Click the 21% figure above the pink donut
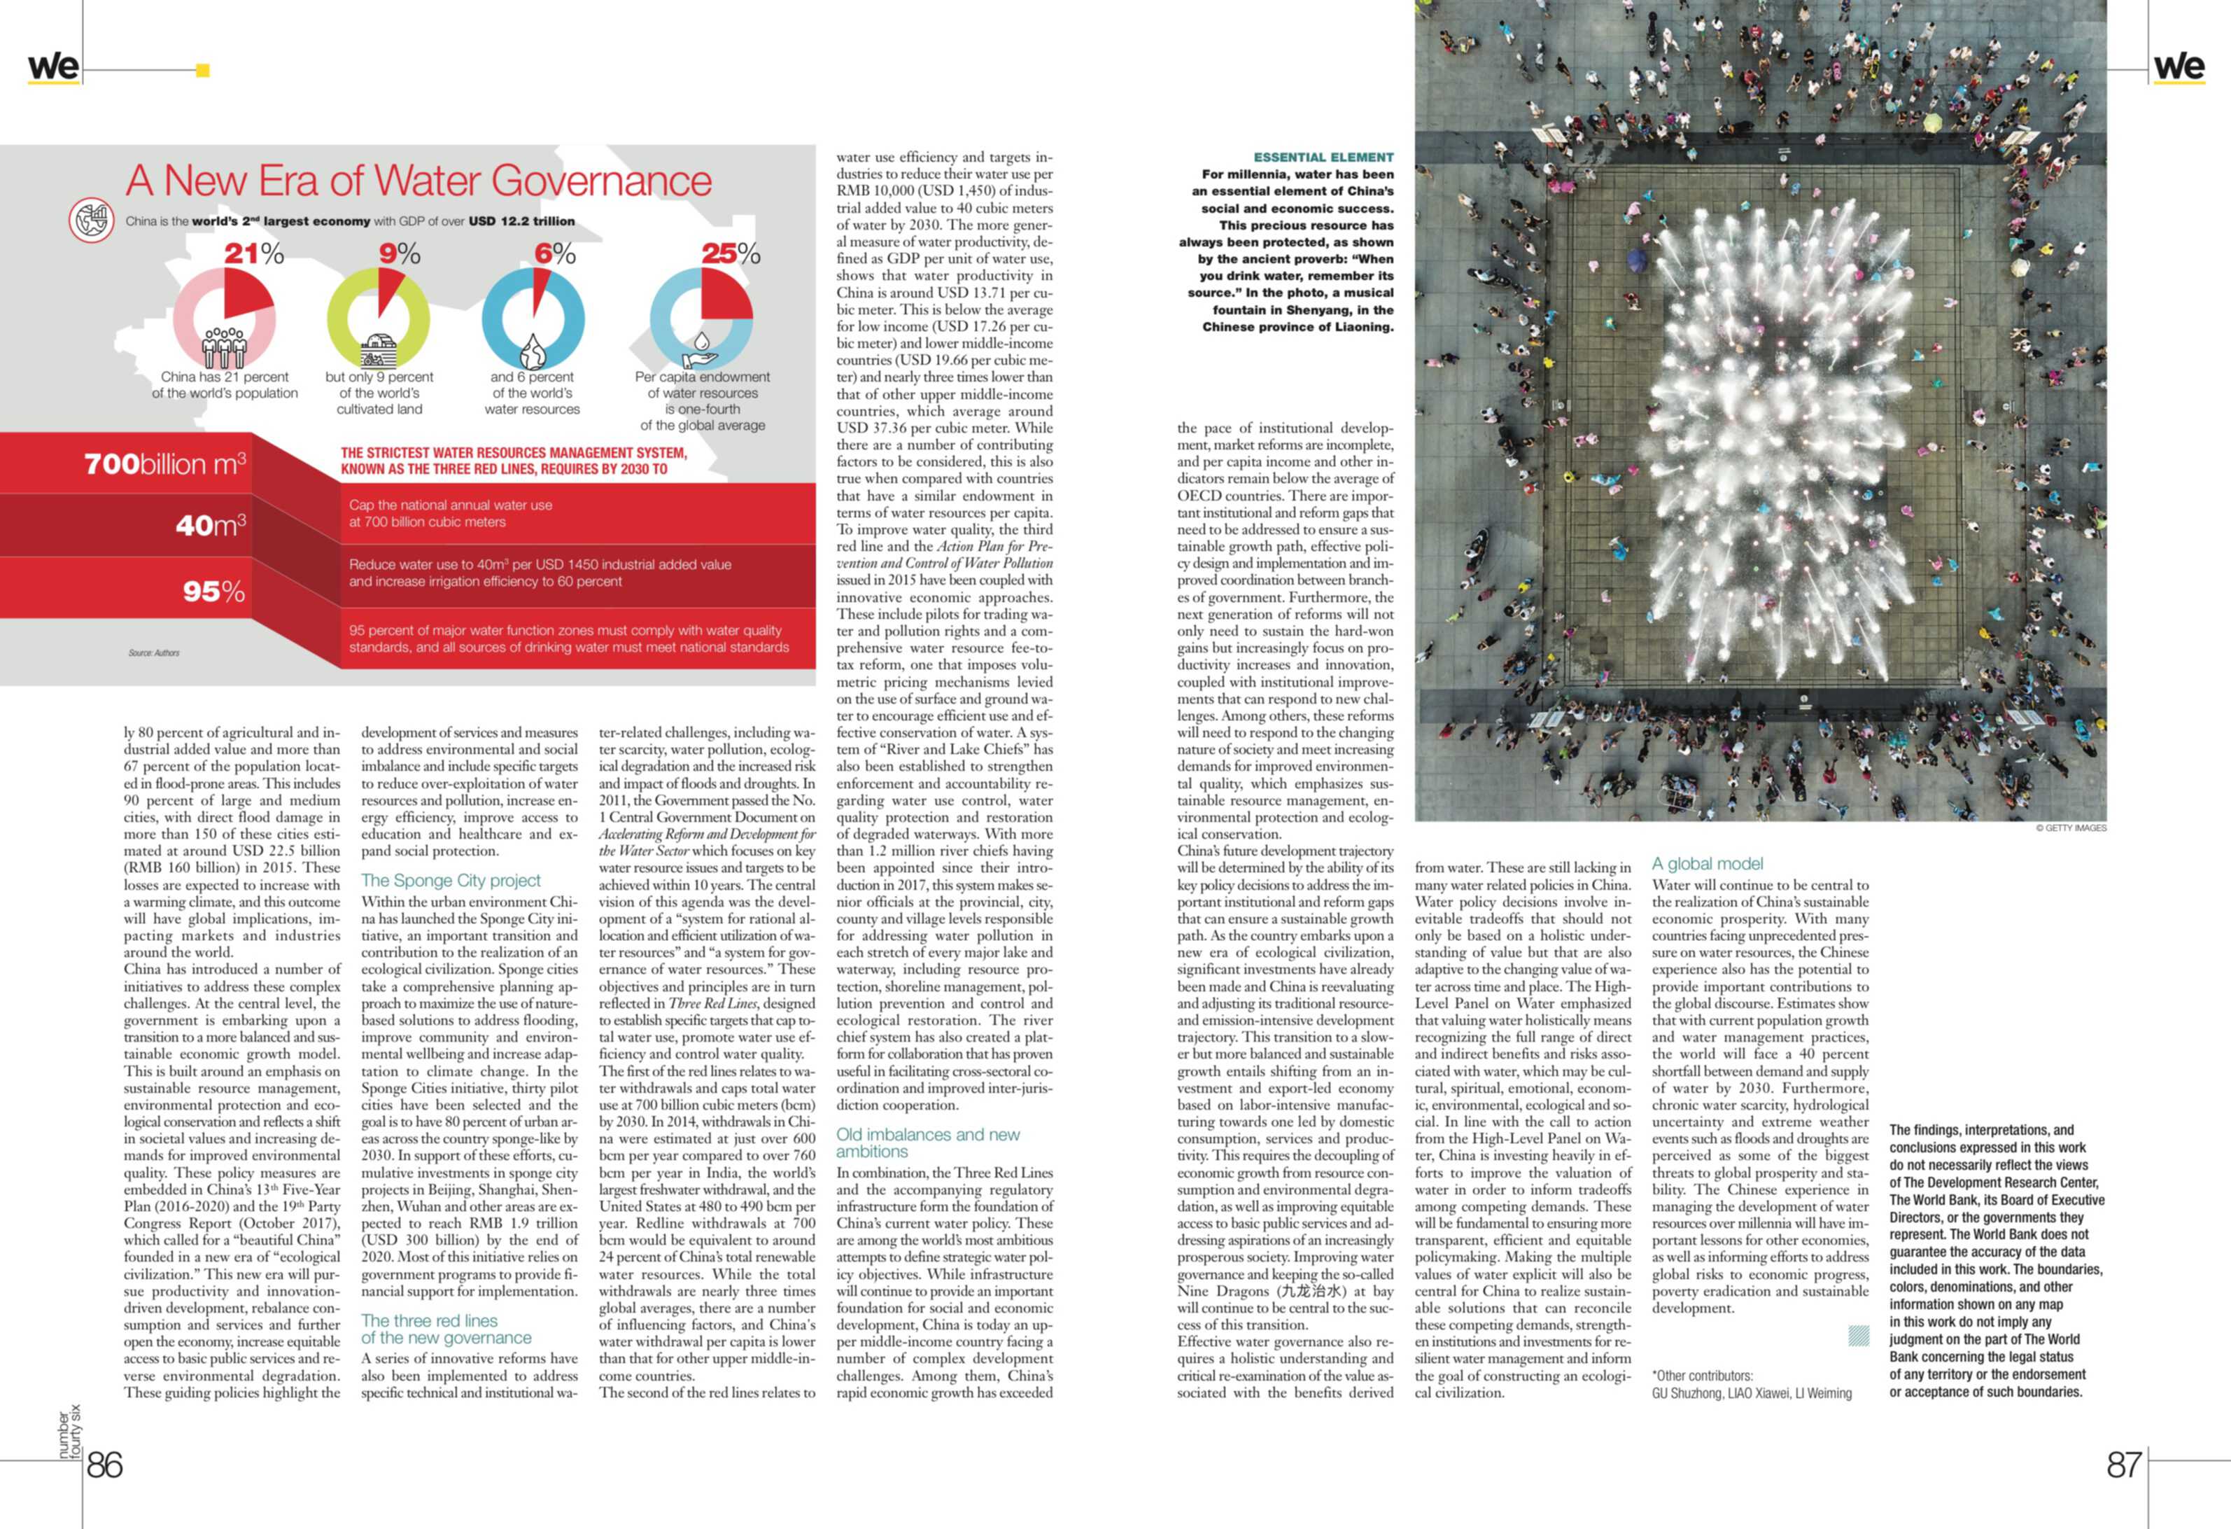[x=253, y=253]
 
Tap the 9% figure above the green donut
[x=400, y=253]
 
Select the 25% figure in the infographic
[x=731, y=253]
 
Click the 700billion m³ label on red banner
[x=165, y=464]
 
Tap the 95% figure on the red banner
[x=213, y=592]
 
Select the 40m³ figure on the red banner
[x=210, y=525]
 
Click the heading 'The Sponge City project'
[x=450, y=880]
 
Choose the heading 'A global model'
[x=1707, y=863]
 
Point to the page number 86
[x=105, y=1465]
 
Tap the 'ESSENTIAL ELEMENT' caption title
[x=1323, y=157]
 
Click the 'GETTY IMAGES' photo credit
[x=2071, y=828]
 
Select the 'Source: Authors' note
[x=153, y=653]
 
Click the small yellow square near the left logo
[x=202, y=69]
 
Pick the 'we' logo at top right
[x=2179, y=67]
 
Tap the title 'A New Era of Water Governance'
[x=418, y=181]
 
